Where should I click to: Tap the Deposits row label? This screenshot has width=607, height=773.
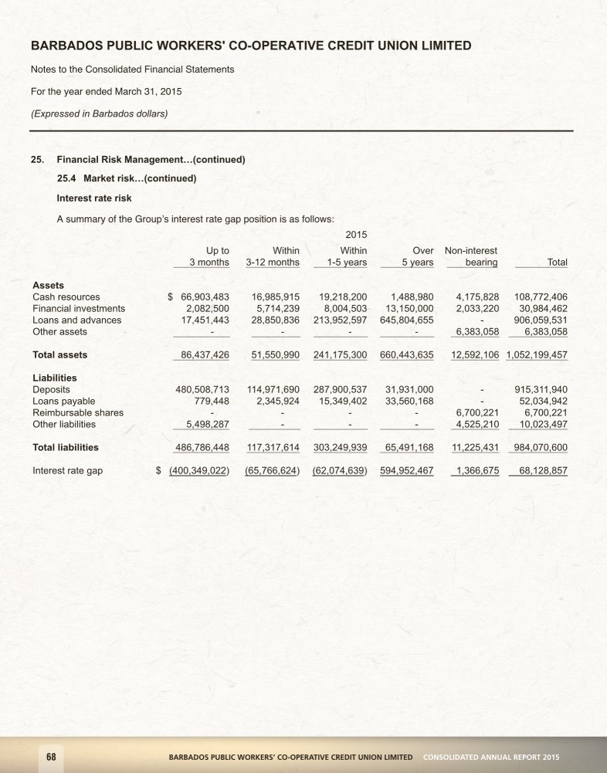click(x=51, y=389)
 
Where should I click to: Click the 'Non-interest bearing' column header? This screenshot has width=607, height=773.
click(x=471, y=256)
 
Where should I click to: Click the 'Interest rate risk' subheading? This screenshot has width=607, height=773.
click(x=89, y=198)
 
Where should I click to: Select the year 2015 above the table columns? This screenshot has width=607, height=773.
click(x=356, y=233)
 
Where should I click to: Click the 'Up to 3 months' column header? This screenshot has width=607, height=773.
click(x=204, y=256)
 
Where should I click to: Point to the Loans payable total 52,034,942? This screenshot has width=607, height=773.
click(x=541, y=401)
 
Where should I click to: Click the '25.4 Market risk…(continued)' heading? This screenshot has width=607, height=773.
click(x=127, y=179)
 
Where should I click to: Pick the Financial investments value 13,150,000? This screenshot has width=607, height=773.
click(x=409, y=308)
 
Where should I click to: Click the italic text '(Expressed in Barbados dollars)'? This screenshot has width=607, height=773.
click(x=99, y=113)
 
